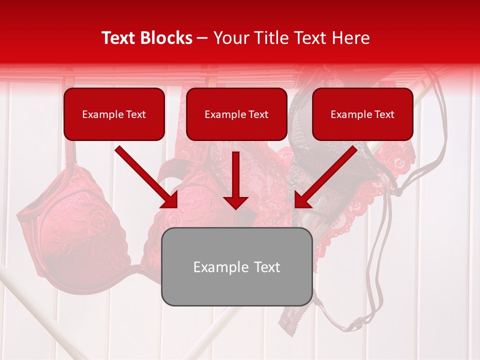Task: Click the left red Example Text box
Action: [x=114, y=114]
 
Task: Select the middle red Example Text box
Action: [x=236, y=114]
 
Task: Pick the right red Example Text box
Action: [x=362, y=114]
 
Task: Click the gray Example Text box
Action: [x=236, y=266]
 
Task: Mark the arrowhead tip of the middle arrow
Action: [x=235, y=208]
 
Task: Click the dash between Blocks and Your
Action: [x=202, y=38]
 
